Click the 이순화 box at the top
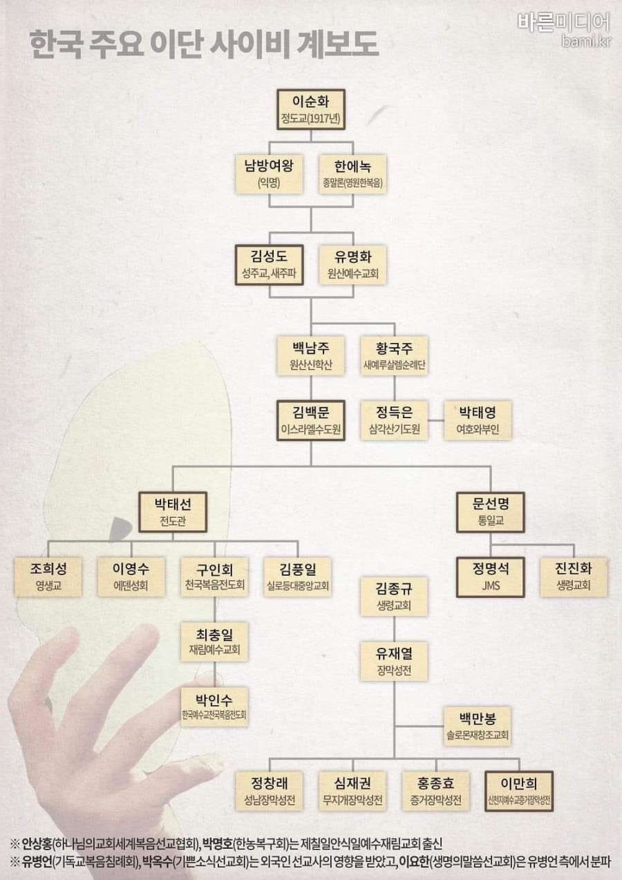coord(311,110)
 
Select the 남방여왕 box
coord(269,174)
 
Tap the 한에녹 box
coord(352,174)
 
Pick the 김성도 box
coord(269,265)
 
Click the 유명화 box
coord(352,265)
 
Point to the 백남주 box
coord(311,355)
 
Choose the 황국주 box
coord(394,355)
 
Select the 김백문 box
coord(311,420)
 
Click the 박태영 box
coord(478,420)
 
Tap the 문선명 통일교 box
coord(491,512)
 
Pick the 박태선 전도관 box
coord(173,512)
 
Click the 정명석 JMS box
coord(491,577)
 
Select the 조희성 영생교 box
coord(48,577)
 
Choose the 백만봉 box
coord(478,727)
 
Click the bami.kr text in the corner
coord(586,41)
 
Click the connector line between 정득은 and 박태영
coord(436,420)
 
